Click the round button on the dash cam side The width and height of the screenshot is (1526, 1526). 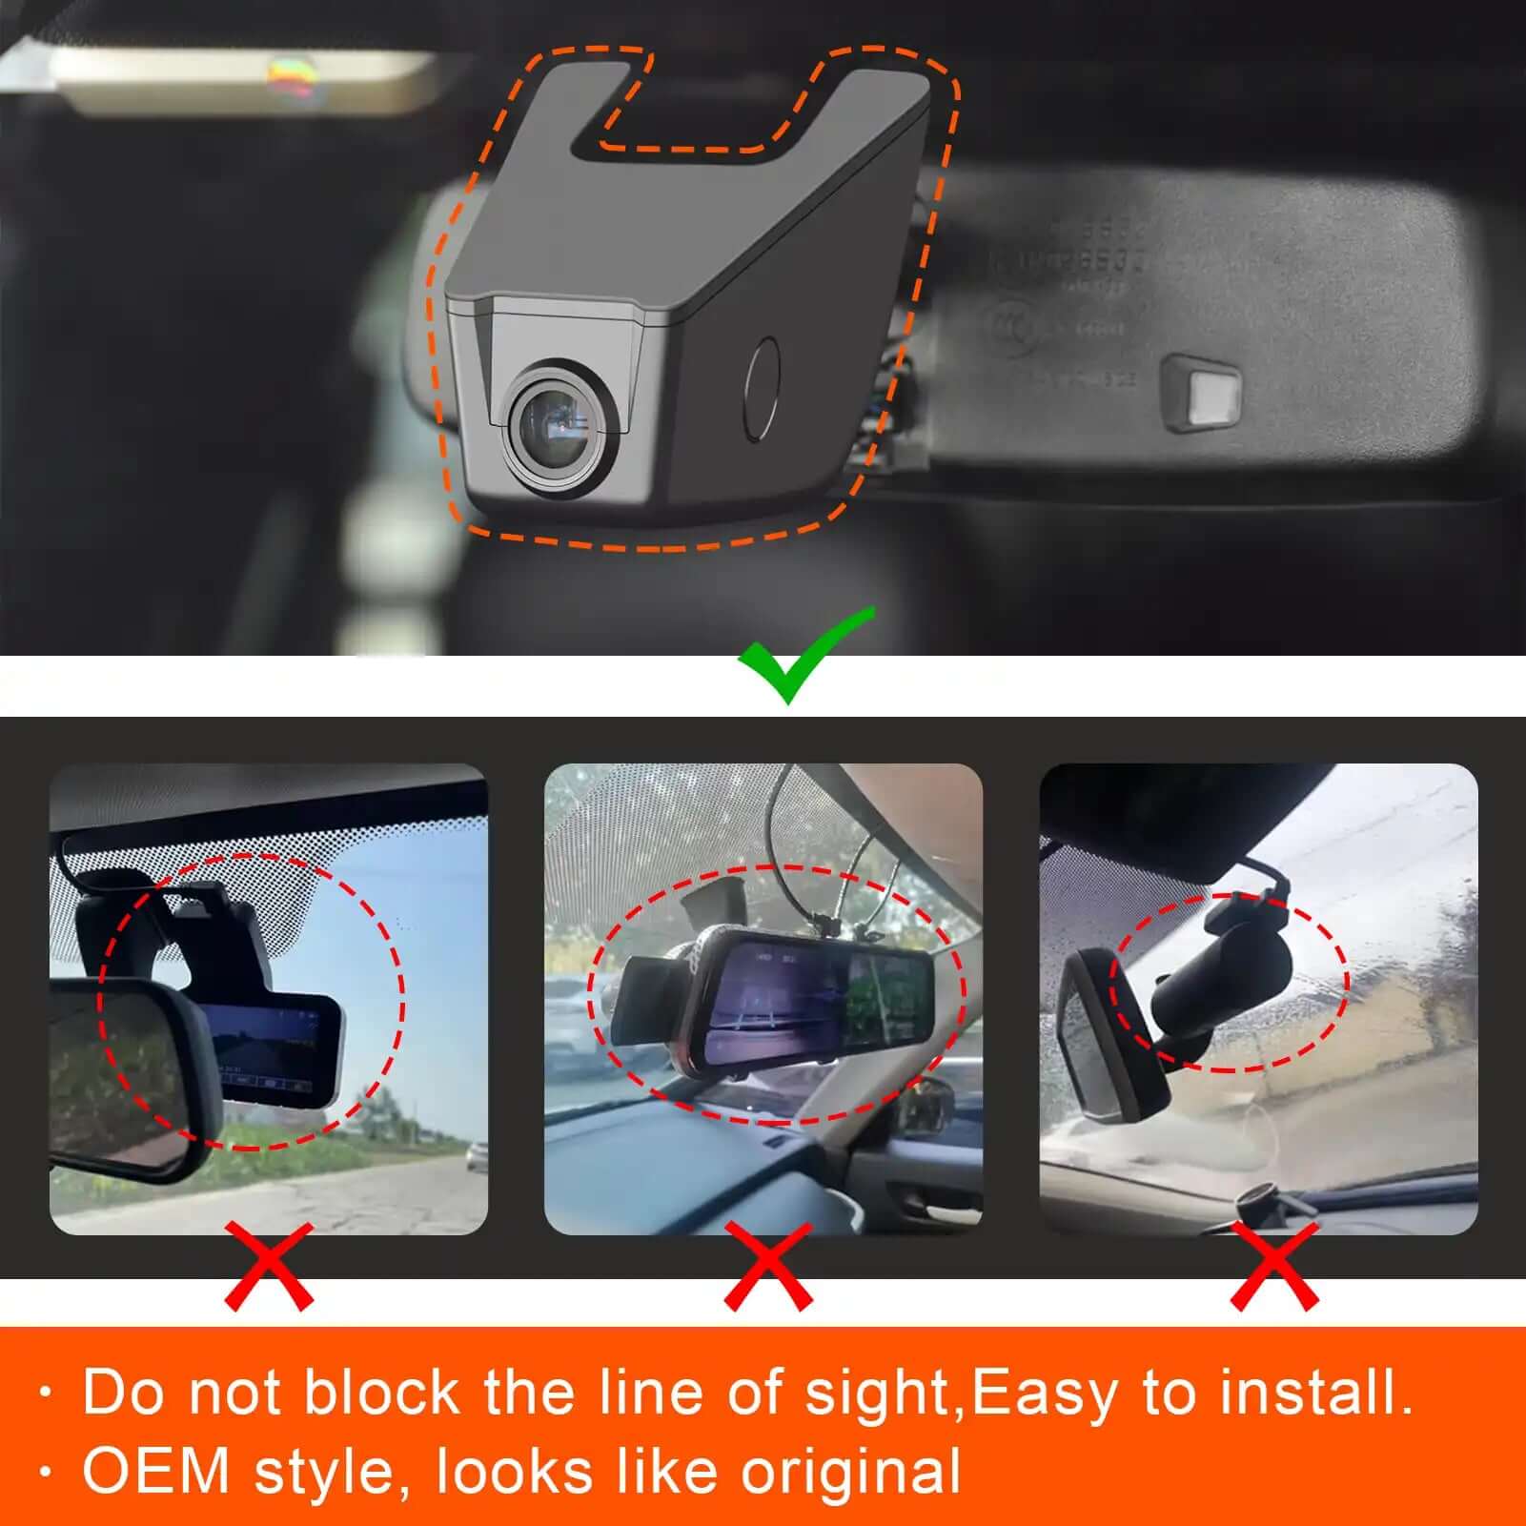click(762, 388)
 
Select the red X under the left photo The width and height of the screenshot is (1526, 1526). click(269, 1267)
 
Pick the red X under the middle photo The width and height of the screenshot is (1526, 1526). click(768, 1267)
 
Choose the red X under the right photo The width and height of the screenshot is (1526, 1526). click(1274, 1267)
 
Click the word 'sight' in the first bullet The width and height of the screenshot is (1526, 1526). click(877, 1394)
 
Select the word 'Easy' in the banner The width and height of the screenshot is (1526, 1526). click(1044, 1394)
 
